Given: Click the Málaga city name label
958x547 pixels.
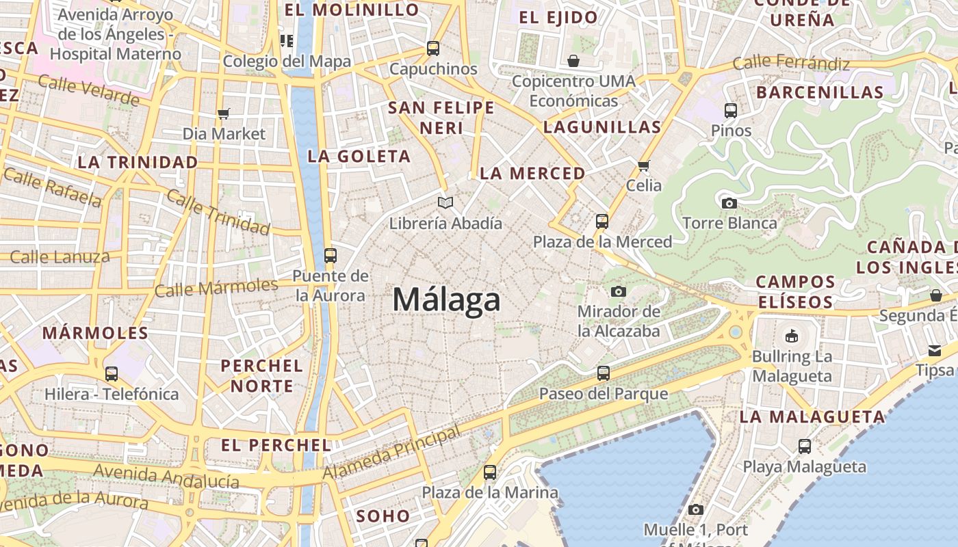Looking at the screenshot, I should pos(446,300).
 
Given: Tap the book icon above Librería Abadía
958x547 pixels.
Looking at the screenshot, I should pos(445,202).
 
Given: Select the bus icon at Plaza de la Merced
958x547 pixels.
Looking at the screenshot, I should pos(602,221).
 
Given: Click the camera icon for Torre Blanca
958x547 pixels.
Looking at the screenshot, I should pos(729,202).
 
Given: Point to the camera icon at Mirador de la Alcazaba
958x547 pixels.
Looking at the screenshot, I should pos(618,292).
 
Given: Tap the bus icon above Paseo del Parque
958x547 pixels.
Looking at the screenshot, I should pos(603,373).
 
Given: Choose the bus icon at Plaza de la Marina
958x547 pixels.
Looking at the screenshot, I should pos(489,472).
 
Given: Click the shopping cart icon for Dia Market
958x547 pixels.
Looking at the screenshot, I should pos(223,113).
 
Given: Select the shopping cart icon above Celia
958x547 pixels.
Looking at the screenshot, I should pos(643,165).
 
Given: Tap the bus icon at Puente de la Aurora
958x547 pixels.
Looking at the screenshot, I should pos(331,256).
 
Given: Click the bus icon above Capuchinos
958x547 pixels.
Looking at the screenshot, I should pos(432,48).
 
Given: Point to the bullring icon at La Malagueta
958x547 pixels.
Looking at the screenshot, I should pos(792,336).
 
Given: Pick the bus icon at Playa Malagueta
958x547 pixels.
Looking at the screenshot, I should pos(805,446).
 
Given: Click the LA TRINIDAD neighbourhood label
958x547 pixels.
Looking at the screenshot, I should pos(138,162).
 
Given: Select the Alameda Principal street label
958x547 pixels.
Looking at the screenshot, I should pos(391,454).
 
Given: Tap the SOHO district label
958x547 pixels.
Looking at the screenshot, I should pos(383,516).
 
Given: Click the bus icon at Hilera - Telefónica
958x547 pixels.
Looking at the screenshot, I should pos(111,374).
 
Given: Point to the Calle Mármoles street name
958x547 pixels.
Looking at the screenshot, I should pos(216,286).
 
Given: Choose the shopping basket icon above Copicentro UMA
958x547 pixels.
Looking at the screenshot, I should pos(573,61).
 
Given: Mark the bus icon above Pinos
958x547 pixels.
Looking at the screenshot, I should pos(731,110).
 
